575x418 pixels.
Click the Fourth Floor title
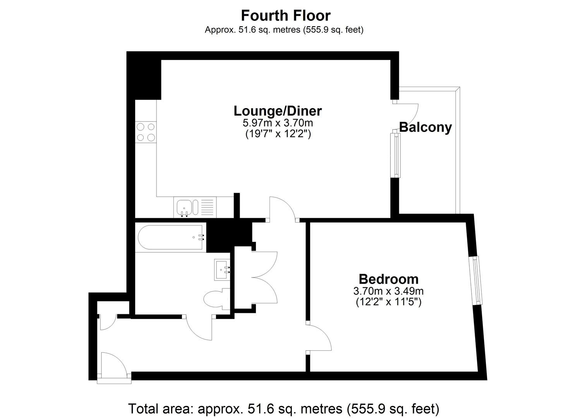point(286,16)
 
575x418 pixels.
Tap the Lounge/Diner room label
point(278,111)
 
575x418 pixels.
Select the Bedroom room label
point(389,279)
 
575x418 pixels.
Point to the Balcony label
point(426,127)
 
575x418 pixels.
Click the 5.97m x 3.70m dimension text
point(278,123)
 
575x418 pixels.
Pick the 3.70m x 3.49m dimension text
point(388,291)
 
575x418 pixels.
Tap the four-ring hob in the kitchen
point(146,132)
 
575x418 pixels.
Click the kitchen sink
point(188,207)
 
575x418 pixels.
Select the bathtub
point(172,237)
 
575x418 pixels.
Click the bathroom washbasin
point(222,269)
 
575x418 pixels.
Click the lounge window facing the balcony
point(396,155)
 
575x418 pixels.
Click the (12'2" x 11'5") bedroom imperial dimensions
point(388,302)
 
